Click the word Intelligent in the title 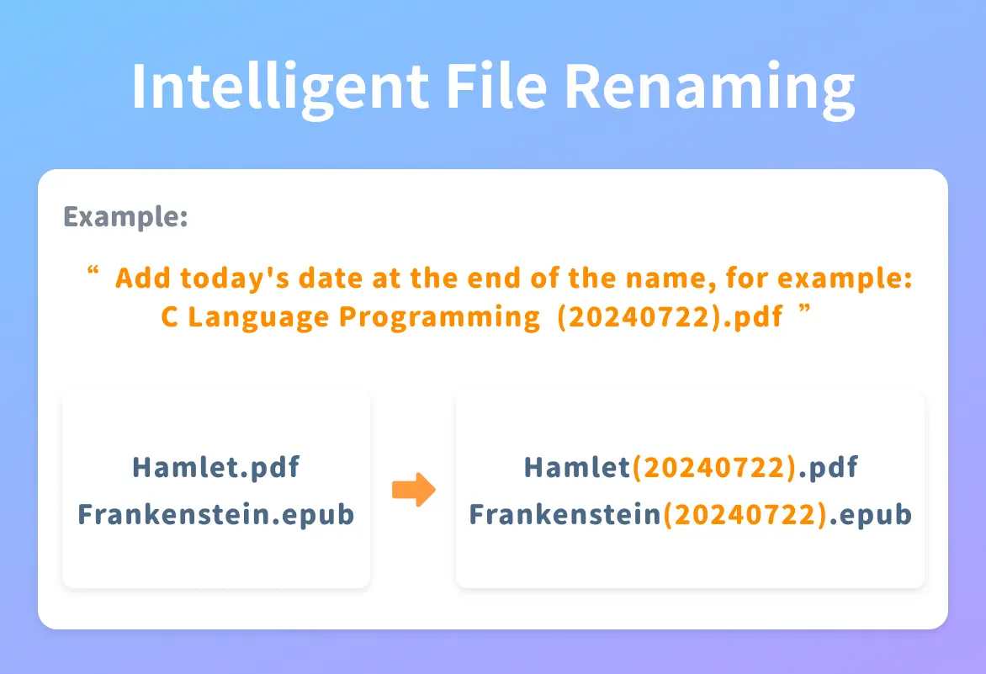coord(280,88)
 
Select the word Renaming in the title coord(710,88)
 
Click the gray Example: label coord(125,218)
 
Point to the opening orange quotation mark coord(93,270)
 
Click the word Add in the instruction coord(143,278)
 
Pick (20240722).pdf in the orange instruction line coord(671,317)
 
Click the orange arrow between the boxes coord(414,490)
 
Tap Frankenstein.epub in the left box coord(215,515)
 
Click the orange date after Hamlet coord(714,468)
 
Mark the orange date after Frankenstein coord(745,515)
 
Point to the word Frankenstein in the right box coord(565,514)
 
